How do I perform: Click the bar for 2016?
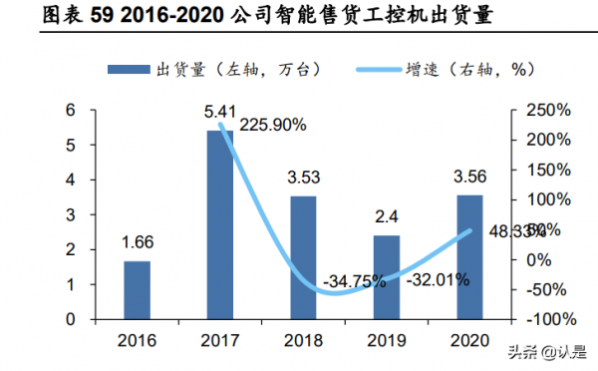(138, 290)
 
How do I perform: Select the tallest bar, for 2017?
(219, 224)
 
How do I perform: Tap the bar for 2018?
(303, 257)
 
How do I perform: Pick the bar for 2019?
(387, 277)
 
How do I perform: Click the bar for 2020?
(468, 257)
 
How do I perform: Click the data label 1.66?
(138, 242)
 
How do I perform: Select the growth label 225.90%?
(272, 126)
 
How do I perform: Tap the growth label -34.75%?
(354, 280)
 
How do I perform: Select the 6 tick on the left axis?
(71, 111)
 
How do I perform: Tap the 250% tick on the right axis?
(547, 111)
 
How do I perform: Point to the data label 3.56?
(468, 177)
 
